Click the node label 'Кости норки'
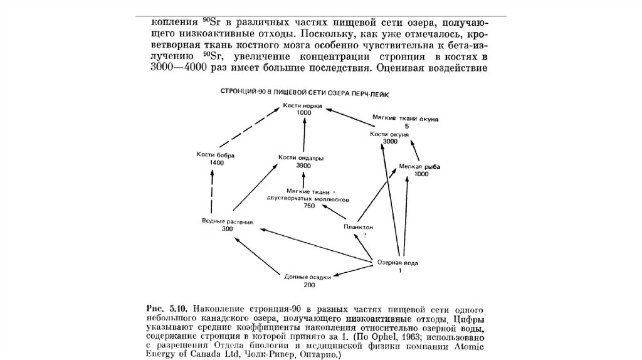[302, 105]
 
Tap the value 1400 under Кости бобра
[217, 162]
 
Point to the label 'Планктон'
[359, 226]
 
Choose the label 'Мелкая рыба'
[420, 167]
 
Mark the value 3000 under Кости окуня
[390, 142]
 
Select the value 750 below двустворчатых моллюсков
[308, 205]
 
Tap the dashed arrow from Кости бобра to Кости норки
[247, 131]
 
